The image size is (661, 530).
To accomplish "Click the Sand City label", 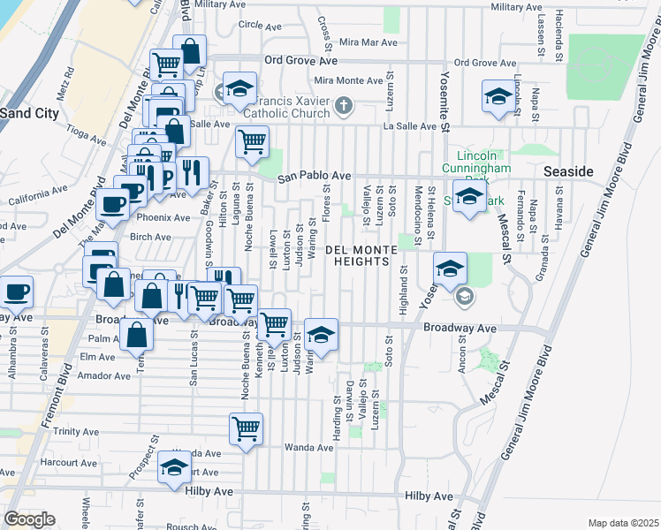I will coord(29,113).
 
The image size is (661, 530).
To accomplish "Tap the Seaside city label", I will coord(568,170).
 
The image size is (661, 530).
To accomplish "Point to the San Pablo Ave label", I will coord(315,177).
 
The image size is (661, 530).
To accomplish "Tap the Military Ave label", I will coord(520,6).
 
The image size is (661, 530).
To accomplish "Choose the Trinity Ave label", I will coord(76,432).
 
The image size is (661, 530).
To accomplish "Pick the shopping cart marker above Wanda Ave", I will coord(246,429).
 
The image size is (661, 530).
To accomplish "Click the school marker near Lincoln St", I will coord(498,96).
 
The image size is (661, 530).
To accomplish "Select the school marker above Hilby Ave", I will coord(174,466).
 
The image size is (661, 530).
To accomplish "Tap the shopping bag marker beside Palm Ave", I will coord(137,335).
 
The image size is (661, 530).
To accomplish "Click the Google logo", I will coord(29,519).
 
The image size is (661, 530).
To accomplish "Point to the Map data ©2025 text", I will coord(622,523).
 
